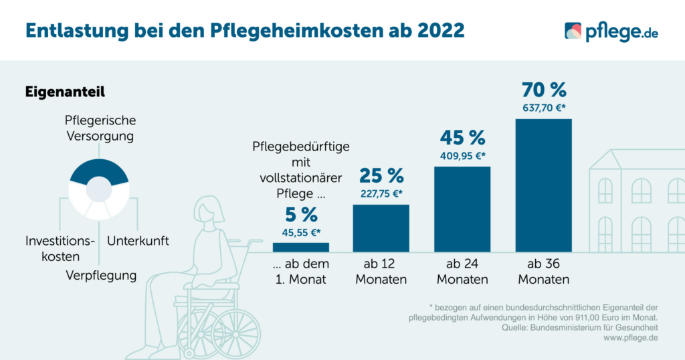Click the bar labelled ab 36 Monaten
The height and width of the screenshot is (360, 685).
pos(543,185)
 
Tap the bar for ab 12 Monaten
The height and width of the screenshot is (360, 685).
pos(381,228)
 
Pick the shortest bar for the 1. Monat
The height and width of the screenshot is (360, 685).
pos(300,247)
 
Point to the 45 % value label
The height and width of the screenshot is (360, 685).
pos(462,138)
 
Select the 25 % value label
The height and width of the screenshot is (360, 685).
pos(381,176)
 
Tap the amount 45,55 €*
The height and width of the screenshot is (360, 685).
pos(300,232)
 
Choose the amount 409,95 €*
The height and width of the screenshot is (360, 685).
pos(462,155)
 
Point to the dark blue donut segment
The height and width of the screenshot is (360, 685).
pos(98,171)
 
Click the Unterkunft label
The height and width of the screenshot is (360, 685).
pos(138,241)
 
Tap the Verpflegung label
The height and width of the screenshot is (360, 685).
pos(100,275)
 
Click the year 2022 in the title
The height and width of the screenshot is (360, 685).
pos(435,30)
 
